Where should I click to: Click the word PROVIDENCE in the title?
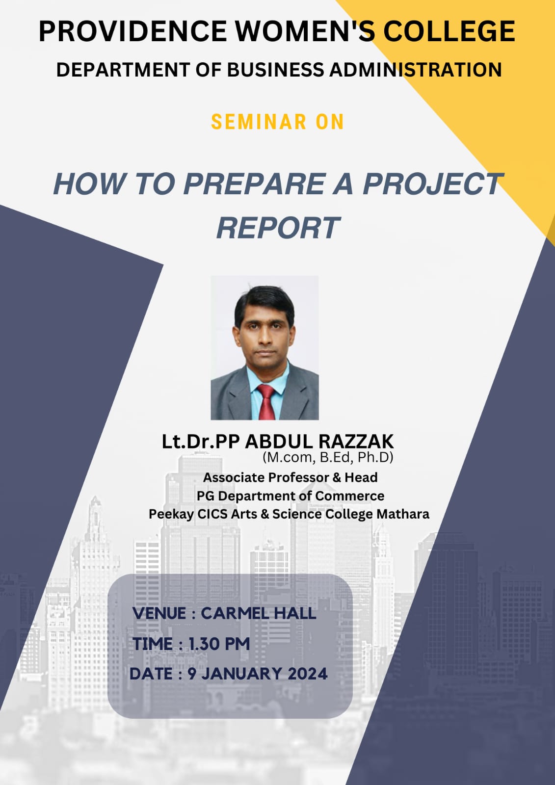[133, 31]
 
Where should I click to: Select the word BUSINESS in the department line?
[276, 70]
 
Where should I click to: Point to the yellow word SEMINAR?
[259, 122]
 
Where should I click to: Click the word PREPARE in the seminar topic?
[255, 183]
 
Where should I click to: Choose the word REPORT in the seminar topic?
[278, 228]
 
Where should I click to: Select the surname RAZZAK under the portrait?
[356, 442]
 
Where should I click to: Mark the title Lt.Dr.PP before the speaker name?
[201, 442]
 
